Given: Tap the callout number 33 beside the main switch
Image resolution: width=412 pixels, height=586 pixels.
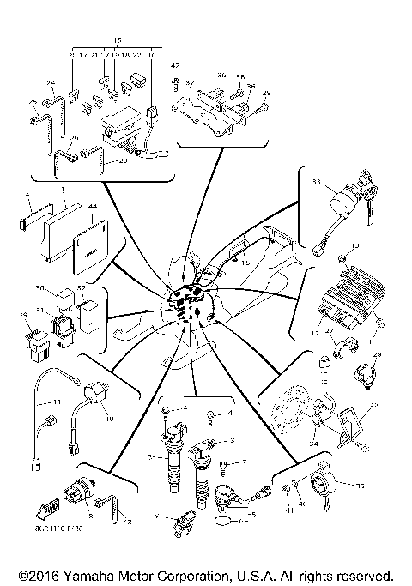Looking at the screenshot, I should [x=317, y=183].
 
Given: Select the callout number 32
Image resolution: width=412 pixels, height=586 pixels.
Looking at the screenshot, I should [x=82, y=288].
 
